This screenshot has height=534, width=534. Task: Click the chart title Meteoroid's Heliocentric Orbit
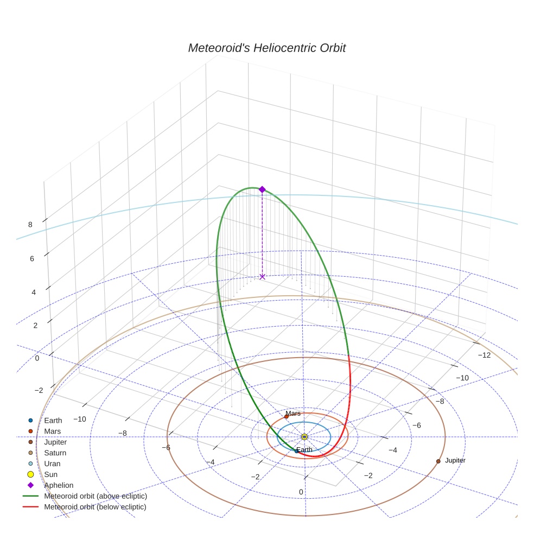coord(266,48)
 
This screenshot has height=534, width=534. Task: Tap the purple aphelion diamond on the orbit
coord(262,189)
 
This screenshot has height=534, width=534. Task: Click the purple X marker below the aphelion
coord(262,277)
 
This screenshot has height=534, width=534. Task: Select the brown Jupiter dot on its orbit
coord(438,461)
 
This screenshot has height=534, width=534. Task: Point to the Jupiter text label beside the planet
coord(455,460)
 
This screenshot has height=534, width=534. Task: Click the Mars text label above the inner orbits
coord(293,414)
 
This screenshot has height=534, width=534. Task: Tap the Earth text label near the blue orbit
coord(304,450)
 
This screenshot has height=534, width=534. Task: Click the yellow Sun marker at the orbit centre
coord(304,437)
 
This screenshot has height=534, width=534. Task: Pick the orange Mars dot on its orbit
coord(287,417)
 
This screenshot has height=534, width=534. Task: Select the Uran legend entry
coord(52,463)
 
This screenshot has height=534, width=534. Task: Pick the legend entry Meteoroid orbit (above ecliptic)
coord(96,496)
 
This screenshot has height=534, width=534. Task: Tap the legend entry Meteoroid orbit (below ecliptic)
coord(96,507)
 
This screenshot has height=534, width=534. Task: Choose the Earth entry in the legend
coord(53,420)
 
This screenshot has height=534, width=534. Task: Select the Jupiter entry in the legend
coord(55,442)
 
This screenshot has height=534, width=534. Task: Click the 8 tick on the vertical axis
coord(30,225)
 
